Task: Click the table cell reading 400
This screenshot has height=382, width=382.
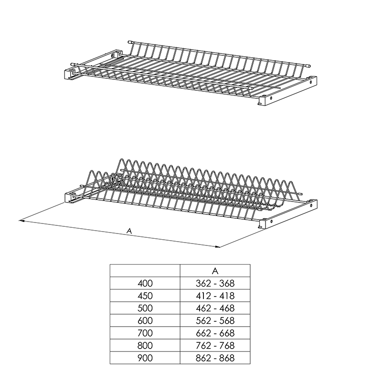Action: coord(145,283)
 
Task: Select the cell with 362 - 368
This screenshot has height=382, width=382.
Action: coord(215,283)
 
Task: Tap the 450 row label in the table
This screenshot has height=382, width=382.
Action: coord(145,296)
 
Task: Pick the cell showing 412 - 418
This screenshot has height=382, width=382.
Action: coord(215,296)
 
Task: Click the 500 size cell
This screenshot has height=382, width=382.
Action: coord(145,308)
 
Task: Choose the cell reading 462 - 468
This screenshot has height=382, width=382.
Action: coord(215,308)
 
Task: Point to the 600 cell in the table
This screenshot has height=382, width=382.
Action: coord(145,320)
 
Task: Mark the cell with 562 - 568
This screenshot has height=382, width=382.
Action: coord(215,320)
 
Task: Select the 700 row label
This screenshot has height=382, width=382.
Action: coord(145,333)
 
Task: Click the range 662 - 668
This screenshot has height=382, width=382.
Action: coord(215,333)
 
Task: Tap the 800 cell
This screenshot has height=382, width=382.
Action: coord(145,345)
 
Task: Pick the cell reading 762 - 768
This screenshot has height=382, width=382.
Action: coord(215,345)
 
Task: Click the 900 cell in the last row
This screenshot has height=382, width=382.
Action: coord(145,358)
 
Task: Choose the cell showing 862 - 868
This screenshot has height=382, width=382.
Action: coord(215,358)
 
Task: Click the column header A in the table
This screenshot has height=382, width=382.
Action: coord(215,271)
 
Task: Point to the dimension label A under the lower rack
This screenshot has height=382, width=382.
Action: coord(129,231)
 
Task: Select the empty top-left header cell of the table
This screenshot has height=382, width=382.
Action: coord(145,271)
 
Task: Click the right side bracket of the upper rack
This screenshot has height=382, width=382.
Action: coord(287,91)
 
